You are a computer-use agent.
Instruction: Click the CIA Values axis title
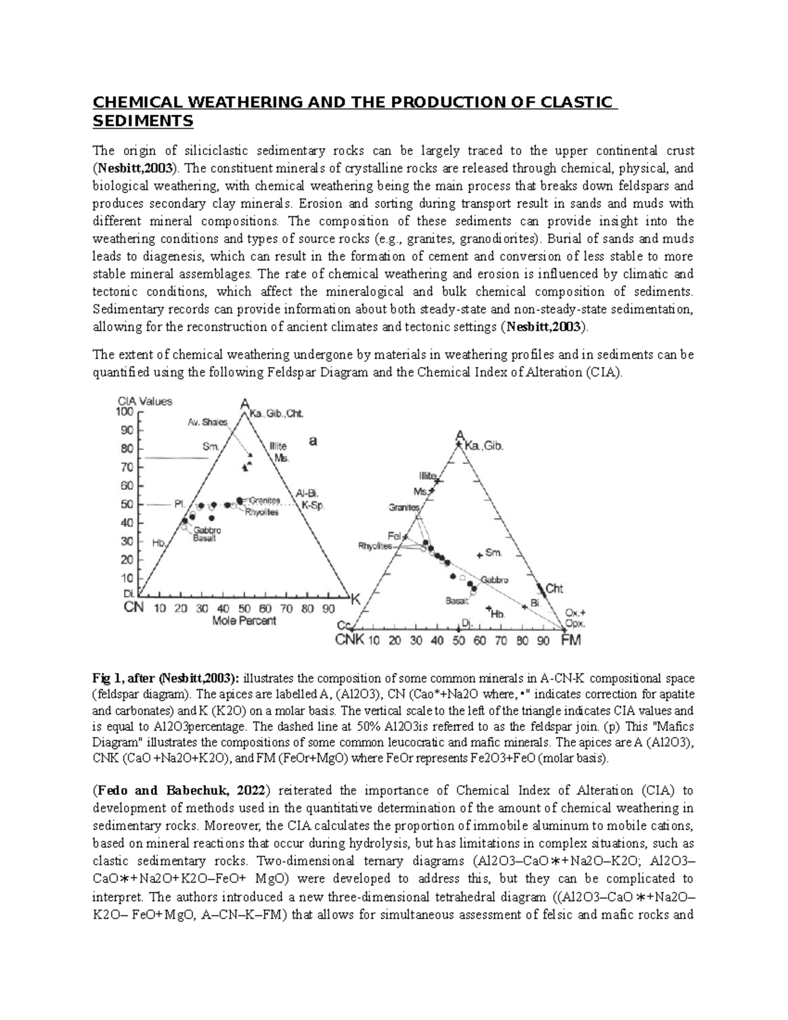tap(145, 401)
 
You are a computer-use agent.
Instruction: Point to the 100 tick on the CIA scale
tap(125, 412)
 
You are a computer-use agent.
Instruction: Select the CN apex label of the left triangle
tap(134, 608)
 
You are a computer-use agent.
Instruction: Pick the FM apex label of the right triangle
tap(570, 640)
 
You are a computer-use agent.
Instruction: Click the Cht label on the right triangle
tap(556, 588)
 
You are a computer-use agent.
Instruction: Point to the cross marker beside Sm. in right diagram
tap(479, 554)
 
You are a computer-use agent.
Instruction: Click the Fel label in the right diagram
tap(394, 535)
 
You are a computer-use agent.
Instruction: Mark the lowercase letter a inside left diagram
tap(313, 442)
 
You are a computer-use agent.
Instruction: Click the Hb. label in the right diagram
tap(497, 613)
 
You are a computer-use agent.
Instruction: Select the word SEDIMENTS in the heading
tap(143, 122)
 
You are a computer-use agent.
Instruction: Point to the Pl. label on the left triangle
tap(178, 504)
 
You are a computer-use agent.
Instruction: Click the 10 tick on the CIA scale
tap(125, 579)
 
